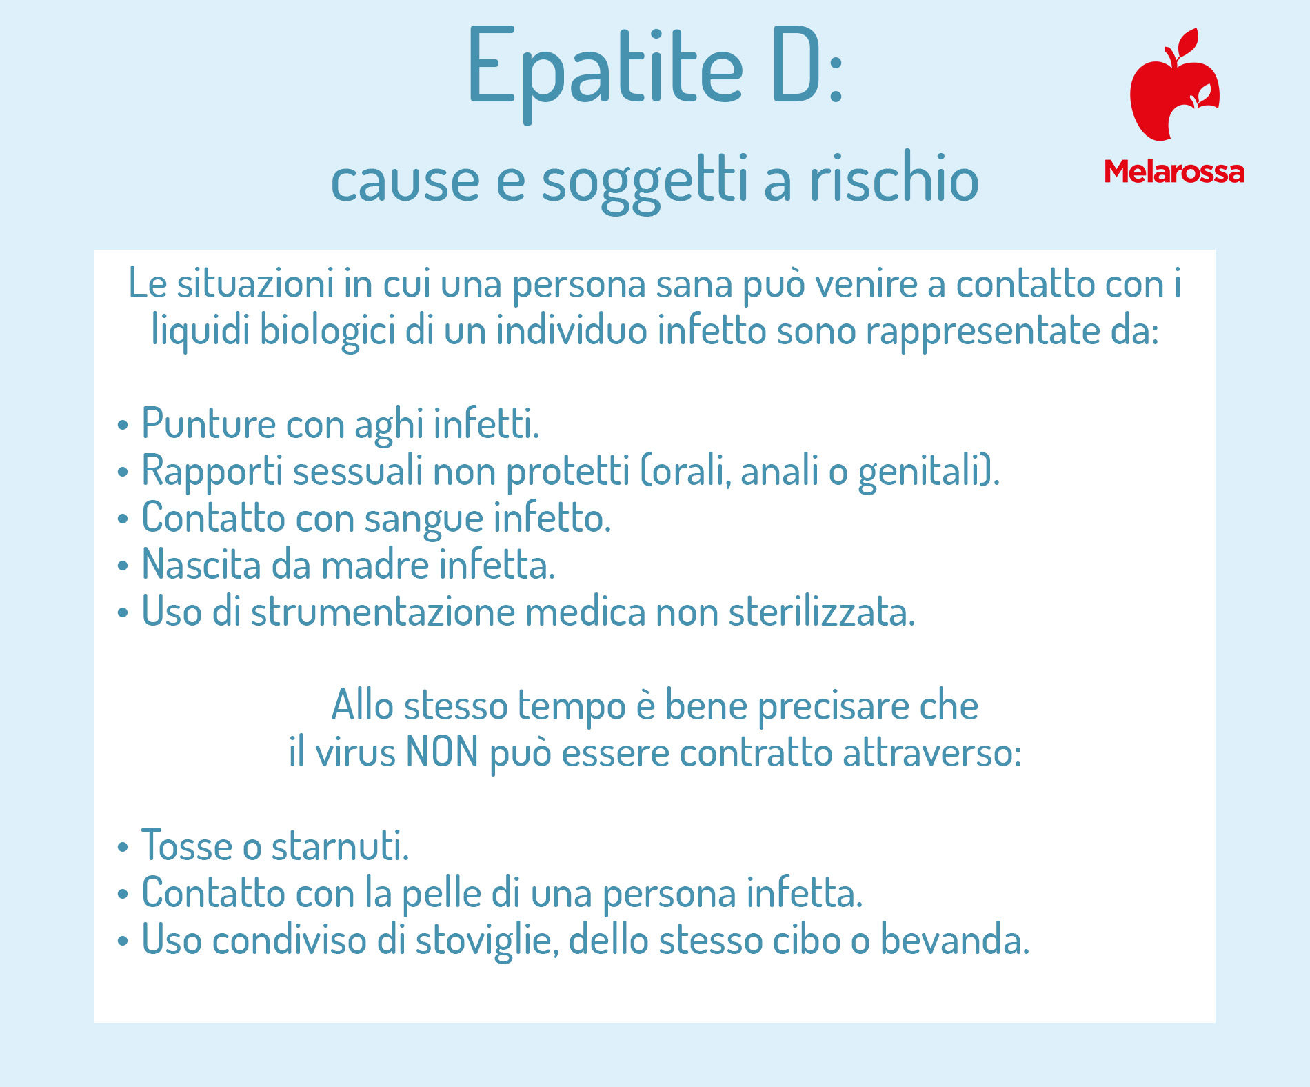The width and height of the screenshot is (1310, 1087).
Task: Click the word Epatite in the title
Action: pyautogui.click(x=605, y=72)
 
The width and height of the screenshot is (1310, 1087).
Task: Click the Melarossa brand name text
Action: pyautogui.click(x=1174, y=172)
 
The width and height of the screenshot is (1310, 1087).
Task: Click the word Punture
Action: pyautogui.click(x=208, y=423)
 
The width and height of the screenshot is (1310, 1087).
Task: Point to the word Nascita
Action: pyautogui.click(x=201, y=564)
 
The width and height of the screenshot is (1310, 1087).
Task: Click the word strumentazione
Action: pyautogui.click(x=383, y=612)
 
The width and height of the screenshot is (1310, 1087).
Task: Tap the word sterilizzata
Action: pyautogui.click(x=821, y=611)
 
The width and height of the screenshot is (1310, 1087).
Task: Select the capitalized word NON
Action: pyautogui.click(x=442, y=752)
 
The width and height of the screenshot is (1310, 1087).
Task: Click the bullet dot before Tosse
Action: pyautogui.click(x=123, y=847)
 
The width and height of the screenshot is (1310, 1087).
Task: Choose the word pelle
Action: pyautogui.click(x=441, y=895)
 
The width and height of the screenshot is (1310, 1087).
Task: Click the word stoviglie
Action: pyautogui.click(x=487, y=941)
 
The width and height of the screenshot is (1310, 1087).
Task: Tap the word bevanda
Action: pyautogui.click(x=955, y=939)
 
